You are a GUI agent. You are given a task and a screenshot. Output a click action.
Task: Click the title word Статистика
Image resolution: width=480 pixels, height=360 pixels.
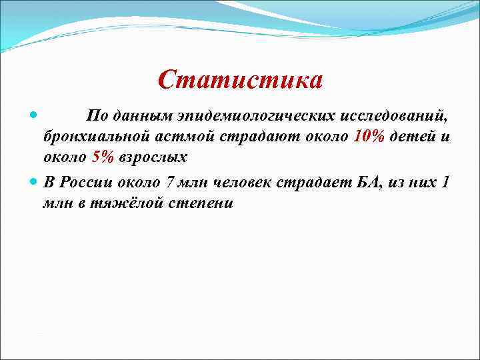(241, 80)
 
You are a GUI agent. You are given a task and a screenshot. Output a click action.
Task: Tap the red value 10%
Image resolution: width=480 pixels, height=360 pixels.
(369, 137)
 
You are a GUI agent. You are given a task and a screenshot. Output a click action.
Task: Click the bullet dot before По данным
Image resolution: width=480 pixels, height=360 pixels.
(35, 115)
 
